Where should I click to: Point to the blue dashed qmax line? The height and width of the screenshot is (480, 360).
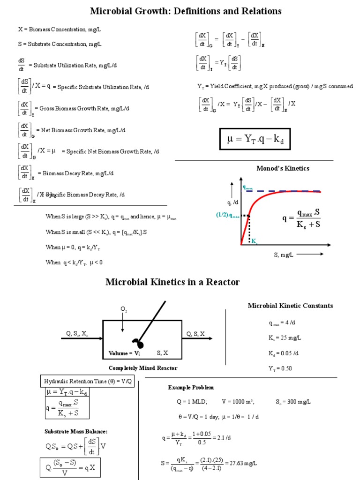click(x=286, y=191)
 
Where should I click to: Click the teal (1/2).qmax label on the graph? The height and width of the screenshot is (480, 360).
click(x=228, y=215)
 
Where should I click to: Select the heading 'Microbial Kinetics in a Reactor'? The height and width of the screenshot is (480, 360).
click(x=172, y=282)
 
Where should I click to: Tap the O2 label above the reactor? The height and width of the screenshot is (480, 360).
click(x=123, y=310)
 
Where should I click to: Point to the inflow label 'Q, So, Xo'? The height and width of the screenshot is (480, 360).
click(x=76, y=334)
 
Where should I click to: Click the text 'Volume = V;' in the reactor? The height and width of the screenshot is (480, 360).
click(x=124, y=353)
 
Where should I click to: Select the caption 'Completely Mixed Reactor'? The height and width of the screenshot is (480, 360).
click(x=143, y=368)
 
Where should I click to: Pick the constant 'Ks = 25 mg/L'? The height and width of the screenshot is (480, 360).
click(x=285, y=337)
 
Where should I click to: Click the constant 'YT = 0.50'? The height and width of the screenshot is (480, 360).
click(x=280, y=368)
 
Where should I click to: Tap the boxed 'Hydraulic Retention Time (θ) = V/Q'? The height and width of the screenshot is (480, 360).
click(x=88, y=381)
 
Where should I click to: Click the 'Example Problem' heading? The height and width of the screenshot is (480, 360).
click(x=191, y=388)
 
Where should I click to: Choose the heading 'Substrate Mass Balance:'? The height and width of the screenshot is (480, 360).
click(x=76, y=431)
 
